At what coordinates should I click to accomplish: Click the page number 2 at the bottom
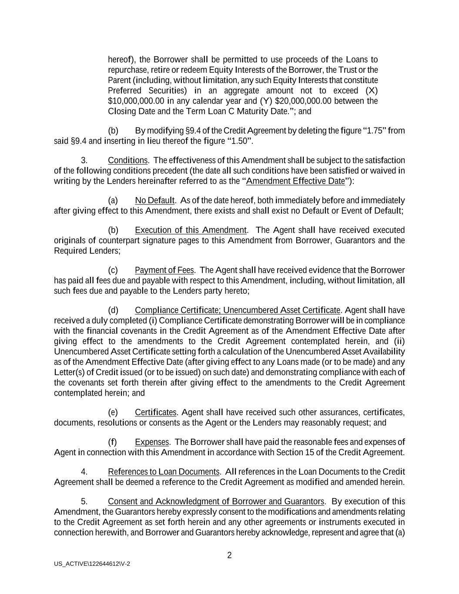click(229, 555)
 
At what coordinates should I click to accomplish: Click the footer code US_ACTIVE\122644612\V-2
click(92, 564)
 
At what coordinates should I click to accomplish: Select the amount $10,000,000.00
click(136, 101)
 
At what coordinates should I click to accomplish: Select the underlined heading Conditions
click(127, 160)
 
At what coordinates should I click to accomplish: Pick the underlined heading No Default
click(154, 200)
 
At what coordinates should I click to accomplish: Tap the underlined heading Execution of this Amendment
click(191, 230)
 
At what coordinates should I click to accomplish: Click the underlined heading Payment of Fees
click(164, 270)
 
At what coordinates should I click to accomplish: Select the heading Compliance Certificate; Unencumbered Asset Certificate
click(238, 310)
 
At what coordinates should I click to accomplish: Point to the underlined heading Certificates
click(156, 412)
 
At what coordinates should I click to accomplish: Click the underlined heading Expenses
click(152, 442)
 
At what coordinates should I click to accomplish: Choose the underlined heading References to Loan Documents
click(164, 472)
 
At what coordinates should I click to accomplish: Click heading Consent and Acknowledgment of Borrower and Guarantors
click(216, 501)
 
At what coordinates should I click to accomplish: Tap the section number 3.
click(84, 160)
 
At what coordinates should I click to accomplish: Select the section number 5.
click(84, 501)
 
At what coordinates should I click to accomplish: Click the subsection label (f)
click(113, 442)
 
